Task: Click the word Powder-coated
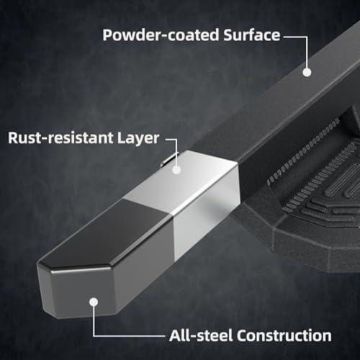(161, 35)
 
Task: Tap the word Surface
(252, 35)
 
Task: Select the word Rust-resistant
(60, 138)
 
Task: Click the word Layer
(138, 139)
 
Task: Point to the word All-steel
(201, 336)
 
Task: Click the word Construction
(284, 336)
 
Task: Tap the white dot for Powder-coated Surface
(307, 72)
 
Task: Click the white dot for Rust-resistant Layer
(176, 170)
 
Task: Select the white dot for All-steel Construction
(94, 302)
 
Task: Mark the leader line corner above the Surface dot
(307, 37)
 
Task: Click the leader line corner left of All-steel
(94, 336)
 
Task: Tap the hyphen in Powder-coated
(163, 37)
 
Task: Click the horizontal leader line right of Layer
(171, 139)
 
